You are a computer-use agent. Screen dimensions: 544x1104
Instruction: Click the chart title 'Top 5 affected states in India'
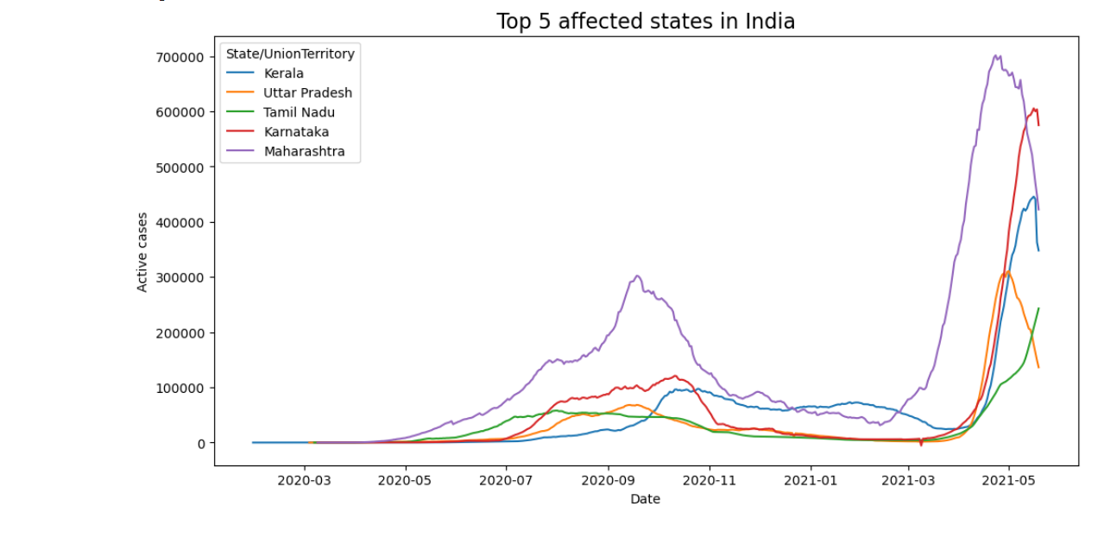[x=645, y=22]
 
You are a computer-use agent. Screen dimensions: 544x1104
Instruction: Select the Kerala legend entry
[x=284, y=73]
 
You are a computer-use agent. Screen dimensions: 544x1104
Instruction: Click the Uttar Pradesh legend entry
[x=307, y=93]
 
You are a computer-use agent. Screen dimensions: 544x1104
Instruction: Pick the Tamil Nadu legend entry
[x=299, y=112]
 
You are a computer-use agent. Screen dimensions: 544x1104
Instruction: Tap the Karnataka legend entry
[x=296, y=132]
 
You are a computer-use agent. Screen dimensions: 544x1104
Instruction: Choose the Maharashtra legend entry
[x=304, y=152]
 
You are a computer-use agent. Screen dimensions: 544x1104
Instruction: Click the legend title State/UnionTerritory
[x=290, y=54]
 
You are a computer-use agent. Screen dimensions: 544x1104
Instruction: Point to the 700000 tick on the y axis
[x=180, y=57]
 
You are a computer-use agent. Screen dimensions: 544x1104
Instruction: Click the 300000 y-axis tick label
[x=180, y=278]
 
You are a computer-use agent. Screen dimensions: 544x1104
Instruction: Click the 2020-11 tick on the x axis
[x=709, y=480]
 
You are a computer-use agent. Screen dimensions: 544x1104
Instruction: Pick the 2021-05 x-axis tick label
[x=1008, y=480]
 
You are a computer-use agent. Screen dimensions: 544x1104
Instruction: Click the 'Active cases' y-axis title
[x=143, y=252]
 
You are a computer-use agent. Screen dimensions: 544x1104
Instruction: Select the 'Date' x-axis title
[x=645, y=499]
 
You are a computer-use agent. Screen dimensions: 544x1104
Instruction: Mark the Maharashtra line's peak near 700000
[x=996, y=56]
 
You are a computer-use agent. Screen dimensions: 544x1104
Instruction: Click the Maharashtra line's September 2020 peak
[x=637, y=276]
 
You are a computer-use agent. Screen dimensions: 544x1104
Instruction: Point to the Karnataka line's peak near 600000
[x=1033, y=109]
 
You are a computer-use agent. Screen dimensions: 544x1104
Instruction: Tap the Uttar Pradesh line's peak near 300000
[x=1006, y=272]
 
